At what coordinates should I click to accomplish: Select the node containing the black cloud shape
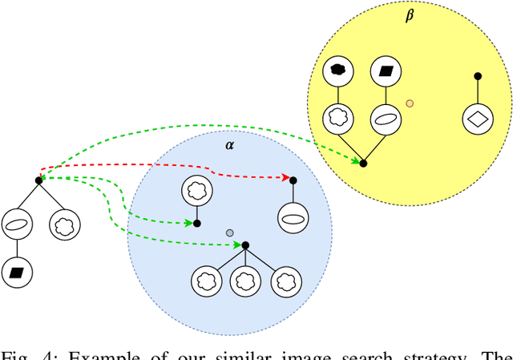338,71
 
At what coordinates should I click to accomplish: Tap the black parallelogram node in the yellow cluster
386,71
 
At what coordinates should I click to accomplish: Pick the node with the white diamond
478,119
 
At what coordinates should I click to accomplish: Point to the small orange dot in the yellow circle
410,103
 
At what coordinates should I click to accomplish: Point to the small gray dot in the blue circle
230,233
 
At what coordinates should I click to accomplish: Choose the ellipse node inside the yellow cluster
386,119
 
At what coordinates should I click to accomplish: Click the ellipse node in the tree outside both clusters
16,224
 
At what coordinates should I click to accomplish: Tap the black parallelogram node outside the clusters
16,273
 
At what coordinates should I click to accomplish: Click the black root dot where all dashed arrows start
38,180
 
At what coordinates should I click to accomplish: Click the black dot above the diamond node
478,76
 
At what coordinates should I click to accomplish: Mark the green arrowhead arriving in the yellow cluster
357,161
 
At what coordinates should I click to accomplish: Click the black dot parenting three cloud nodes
245,245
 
